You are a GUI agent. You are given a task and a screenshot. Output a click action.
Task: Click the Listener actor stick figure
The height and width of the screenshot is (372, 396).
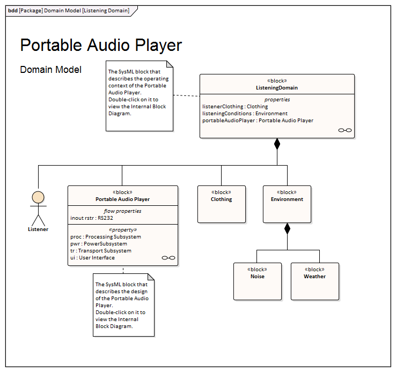38,206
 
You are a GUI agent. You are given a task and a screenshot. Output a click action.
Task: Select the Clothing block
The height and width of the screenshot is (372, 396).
221,204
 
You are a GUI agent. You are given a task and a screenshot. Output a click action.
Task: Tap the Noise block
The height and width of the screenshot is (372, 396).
257,281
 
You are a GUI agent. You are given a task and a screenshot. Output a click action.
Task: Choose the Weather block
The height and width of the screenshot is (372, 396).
314,281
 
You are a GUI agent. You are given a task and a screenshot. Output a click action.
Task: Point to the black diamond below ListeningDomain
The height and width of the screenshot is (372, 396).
277,144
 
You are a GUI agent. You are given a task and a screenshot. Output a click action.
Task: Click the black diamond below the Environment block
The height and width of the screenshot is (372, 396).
287,229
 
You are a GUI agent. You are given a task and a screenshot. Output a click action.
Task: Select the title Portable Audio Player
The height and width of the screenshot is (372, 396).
101,46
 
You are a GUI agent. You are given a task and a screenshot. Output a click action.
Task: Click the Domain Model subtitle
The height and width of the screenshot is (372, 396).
50,70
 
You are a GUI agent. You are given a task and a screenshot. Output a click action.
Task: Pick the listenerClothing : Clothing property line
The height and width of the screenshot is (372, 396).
235,107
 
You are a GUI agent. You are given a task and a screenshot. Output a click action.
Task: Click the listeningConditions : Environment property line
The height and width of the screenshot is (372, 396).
245,114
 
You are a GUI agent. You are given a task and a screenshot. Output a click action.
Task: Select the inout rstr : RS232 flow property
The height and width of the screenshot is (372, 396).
92,218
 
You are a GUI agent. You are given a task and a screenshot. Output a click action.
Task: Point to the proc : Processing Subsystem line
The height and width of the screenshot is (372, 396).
106,237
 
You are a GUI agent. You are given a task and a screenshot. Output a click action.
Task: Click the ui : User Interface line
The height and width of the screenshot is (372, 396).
92,258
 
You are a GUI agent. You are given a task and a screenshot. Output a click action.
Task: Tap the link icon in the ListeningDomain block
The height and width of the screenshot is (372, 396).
344,130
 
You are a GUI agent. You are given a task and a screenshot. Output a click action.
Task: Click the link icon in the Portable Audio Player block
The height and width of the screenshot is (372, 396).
168,258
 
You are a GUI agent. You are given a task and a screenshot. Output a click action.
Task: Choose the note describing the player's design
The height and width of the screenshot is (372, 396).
123,305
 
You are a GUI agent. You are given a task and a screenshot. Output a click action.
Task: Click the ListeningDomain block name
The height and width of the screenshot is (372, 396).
277,87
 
